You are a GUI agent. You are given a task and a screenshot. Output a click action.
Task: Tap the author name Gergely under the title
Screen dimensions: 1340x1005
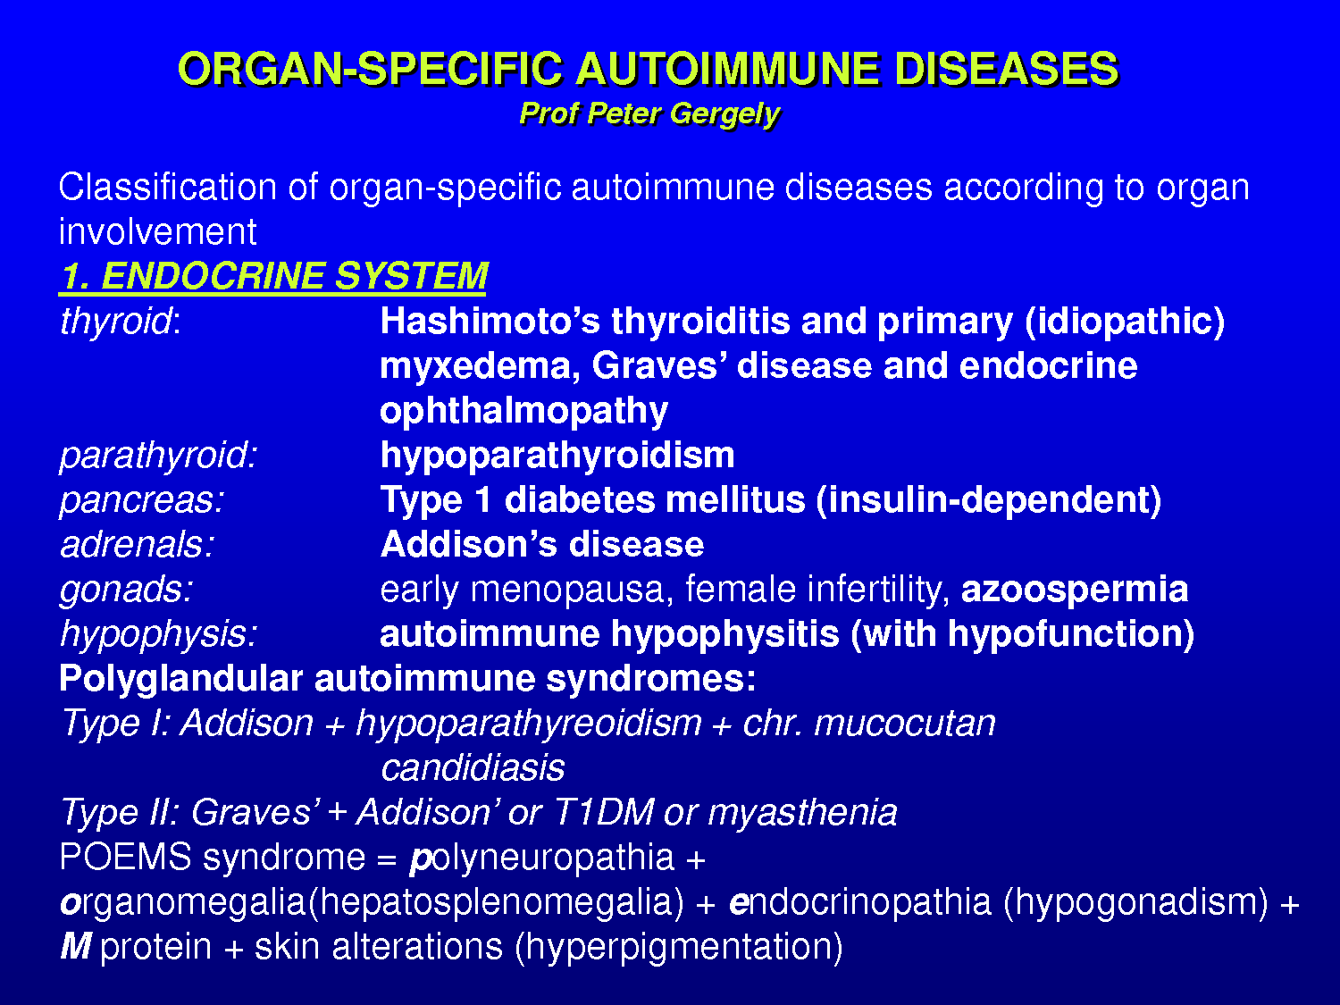click(x=724, y=114)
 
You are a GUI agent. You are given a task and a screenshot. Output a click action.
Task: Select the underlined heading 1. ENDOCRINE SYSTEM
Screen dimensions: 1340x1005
click(x=273, y=276)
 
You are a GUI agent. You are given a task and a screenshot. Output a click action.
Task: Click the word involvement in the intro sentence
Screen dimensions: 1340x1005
click(x=157, y=232)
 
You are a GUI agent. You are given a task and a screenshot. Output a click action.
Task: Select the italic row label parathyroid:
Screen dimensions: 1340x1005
click(x=159, y=456)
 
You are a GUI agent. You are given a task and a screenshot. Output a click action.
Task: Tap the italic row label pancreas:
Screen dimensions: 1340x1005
click(x=142, y=501)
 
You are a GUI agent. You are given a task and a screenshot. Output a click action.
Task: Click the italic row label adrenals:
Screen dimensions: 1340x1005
click(x=138, y=544)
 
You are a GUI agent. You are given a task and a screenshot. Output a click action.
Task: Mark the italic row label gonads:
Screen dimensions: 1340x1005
click(x=126, y=590)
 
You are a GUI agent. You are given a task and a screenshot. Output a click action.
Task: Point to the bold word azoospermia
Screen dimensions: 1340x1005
click(x=1075, y=590)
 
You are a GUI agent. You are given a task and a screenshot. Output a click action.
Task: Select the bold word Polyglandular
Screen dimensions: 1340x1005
click(x=180, y=680)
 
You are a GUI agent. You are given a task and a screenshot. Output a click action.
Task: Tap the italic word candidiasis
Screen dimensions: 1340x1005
click(x=473, y=767)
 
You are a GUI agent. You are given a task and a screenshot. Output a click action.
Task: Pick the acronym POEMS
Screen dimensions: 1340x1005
click(x=126, y=857)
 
